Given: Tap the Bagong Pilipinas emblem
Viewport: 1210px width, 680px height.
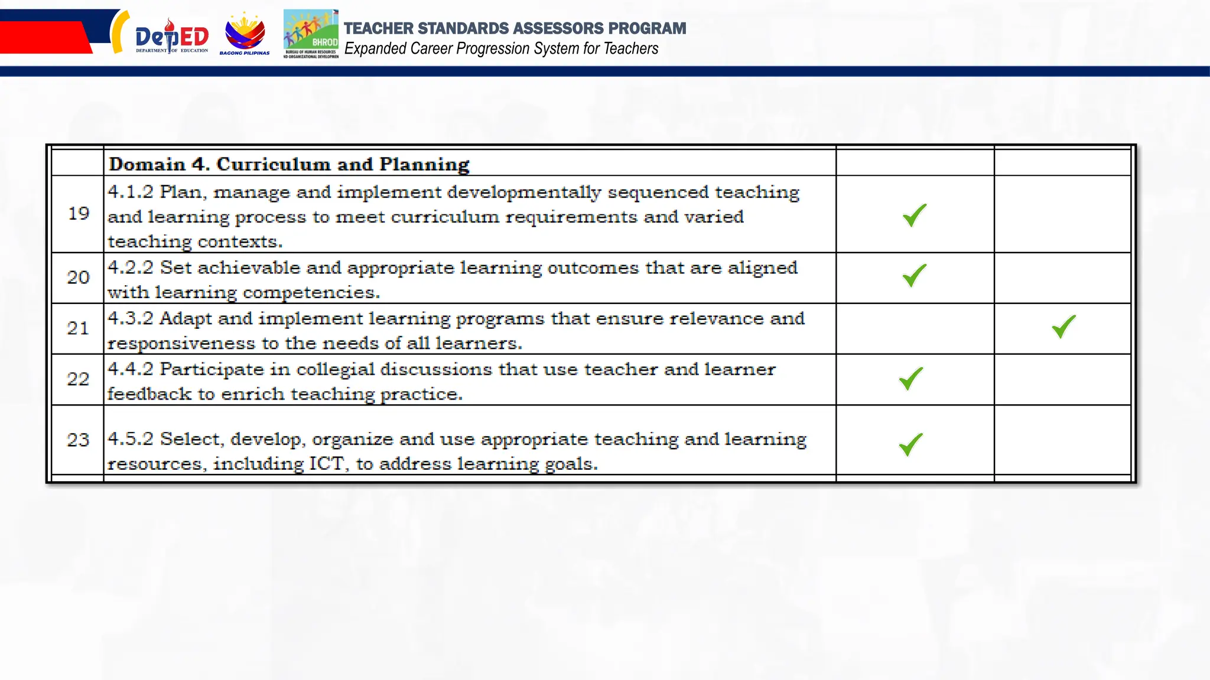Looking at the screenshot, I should coord(245,34).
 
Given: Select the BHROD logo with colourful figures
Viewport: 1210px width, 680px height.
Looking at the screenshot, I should coord(311,34).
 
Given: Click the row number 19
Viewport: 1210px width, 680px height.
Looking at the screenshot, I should coord(78,214).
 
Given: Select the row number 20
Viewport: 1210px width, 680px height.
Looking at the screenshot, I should coord(78,277).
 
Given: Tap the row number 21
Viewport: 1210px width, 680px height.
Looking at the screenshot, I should coord(78,328).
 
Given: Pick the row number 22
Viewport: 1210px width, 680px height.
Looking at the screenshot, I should coord(78,379).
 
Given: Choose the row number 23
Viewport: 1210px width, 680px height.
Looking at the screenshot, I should coord(78,440).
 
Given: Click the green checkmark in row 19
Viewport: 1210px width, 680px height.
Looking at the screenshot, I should coord(915,215).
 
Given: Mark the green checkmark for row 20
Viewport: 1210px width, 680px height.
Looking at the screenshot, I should coord(915,276).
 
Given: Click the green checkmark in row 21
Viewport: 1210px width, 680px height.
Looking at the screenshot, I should coord(1063,326).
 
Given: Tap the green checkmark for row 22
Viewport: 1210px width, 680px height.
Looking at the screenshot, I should coord(911,378).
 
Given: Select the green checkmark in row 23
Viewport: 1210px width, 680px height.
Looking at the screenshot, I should coord(911,444).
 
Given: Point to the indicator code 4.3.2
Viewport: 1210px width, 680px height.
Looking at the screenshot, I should coord(131,318).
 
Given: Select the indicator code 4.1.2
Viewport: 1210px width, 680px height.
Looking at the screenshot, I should coord(131,192).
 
